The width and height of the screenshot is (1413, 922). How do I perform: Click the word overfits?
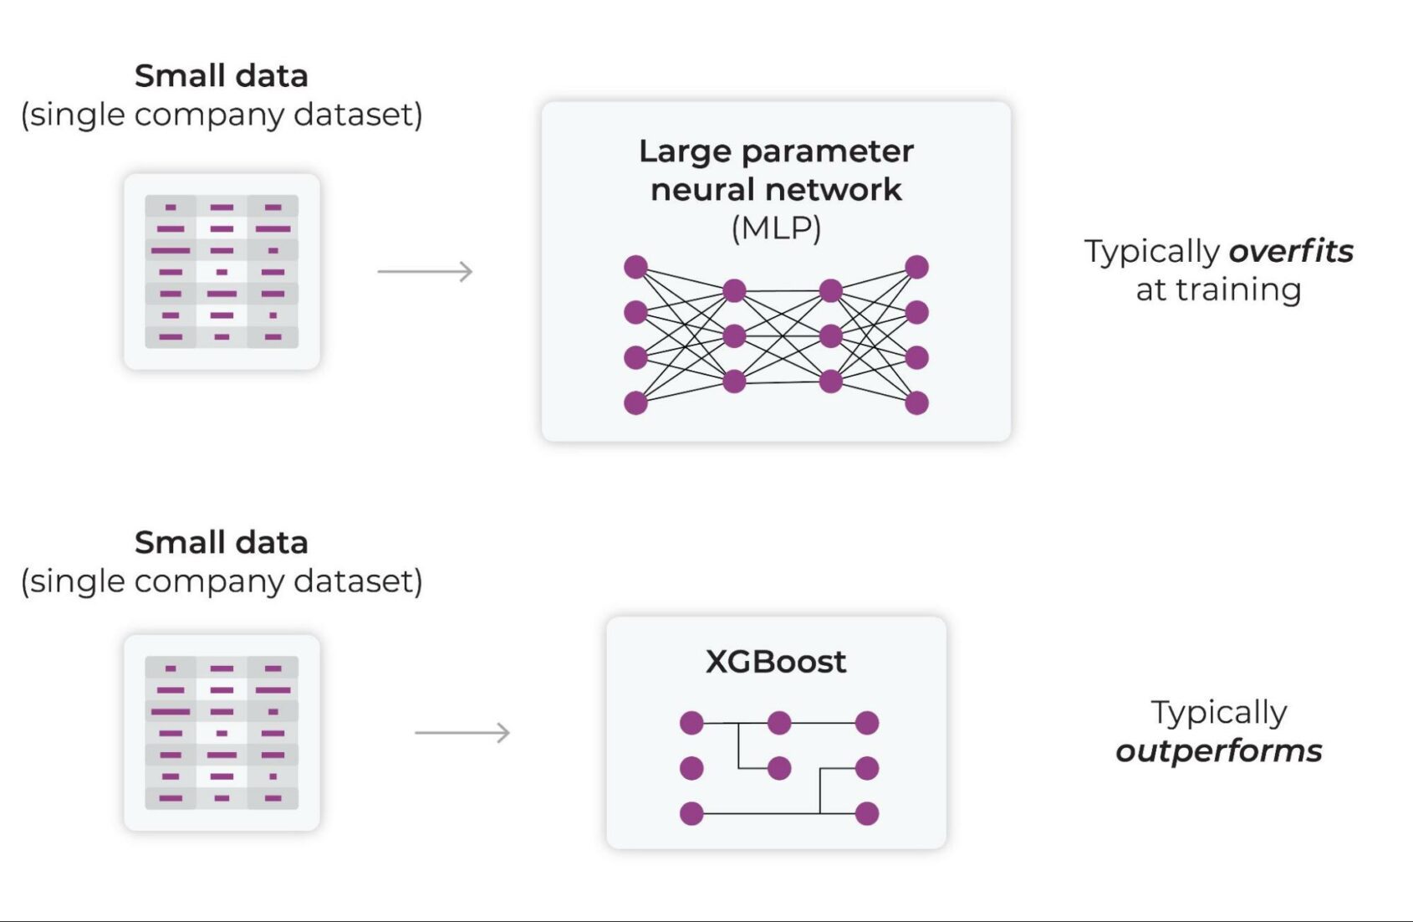coord(1290,251)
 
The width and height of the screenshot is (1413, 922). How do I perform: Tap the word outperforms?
coord(1218,750)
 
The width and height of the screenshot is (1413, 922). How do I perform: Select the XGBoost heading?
coord(775,662)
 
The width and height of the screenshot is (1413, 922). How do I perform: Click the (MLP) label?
coord(776,228)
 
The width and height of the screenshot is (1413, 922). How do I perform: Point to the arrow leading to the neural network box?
coord(425,271)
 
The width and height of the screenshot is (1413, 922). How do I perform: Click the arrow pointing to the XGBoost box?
coord(462,733)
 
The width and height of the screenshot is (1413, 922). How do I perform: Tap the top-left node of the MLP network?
coord(635,267)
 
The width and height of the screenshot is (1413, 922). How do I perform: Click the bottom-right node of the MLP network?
coord(916,402)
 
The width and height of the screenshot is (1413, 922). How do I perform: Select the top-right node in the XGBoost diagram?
coord(867,723)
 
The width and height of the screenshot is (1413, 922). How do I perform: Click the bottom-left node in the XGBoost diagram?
coord(691,813)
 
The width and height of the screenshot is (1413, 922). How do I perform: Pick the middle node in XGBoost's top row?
coord(779,723)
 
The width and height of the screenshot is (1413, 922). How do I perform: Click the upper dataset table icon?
coord(222,271)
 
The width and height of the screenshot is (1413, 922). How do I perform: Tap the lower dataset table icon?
coord(222,733)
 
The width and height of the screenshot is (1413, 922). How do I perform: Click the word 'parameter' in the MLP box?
coord(827,152)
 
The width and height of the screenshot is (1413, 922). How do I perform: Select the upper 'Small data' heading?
coord(222,76)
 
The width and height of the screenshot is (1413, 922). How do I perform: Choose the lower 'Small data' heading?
coord(222,543)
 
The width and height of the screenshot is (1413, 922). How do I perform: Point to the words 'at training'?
coord(1218,290)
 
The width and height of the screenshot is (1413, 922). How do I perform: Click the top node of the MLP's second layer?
coord(734,291)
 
